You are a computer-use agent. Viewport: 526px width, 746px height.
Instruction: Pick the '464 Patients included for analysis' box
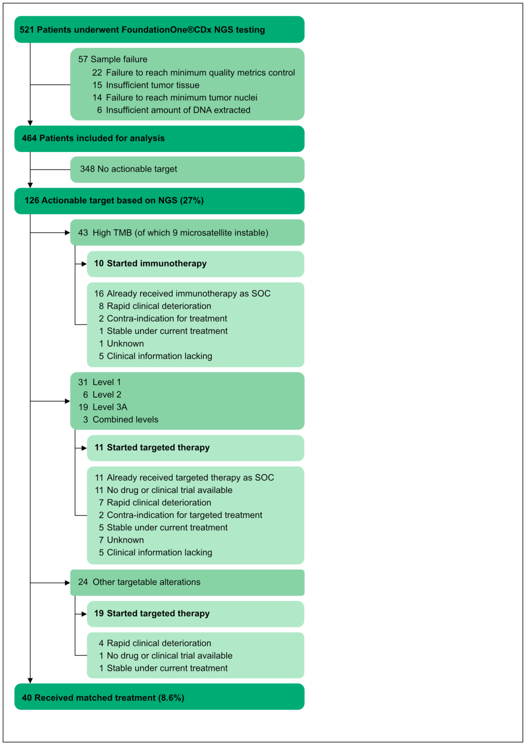coord(159,139)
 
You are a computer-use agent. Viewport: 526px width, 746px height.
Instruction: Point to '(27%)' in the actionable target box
coord(192,201)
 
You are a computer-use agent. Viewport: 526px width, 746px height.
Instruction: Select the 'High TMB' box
coord(187,233)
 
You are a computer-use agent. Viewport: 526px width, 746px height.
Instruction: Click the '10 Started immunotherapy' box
coord(195,264)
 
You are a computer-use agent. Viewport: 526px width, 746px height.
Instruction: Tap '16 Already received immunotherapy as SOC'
coord(182,294)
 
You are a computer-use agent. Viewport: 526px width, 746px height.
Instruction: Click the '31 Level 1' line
coord(99,382)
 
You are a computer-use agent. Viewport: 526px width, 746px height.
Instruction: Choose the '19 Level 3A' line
coord(103,407)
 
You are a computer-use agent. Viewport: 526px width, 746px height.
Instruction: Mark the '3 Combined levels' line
coord(121,420)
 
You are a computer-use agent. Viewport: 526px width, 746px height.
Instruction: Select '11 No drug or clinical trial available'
coord(164,490)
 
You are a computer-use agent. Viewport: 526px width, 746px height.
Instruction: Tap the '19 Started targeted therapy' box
coord(195,614)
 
